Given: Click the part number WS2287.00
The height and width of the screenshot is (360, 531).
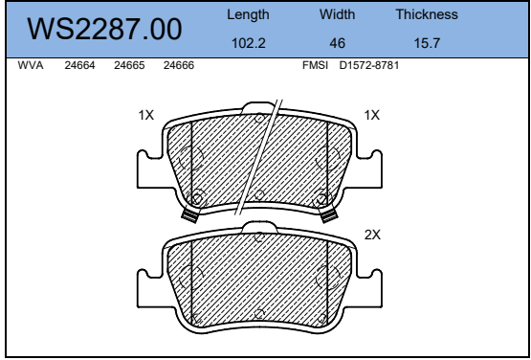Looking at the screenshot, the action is click(104, 29).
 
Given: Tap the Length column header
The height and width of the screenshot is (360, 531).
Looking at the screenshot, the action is click(248, 15).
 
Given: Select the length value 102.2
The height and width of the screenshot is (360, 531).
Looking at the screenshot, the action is click(248, 43).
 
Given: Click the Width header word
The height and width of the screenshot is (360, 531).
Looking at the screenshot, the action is click(337, 14).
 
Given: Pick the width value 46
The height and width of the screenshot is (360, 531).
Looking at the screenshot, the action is click(338, 43).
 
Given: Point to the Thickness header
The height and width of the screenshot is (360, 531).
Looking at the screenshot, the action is click(427, 14).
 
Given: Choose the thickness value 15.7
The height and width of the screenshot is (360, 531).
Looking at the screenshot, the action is click(427, 43).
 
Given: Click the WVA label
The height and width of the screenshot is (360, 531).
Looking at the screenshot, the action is click(31, 65).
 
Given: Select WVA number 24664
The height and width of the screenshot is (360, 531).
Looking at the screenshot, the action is click(80, 65).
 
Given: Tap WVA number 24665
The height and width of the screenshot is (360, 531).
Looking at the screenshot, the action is click(129, 65).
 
